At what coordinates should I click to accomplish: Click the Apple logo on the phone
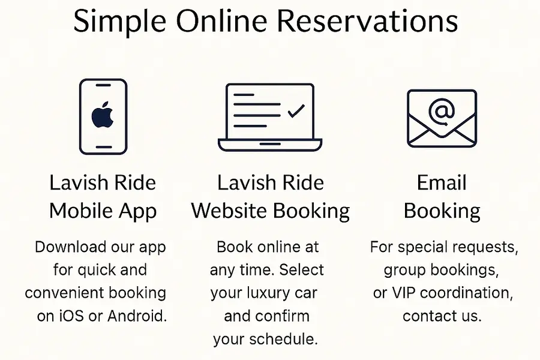(103, 116)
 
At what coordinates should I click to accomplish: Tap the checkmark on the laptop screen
(296, 112)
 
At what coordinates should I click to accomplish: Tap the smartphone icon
(103, 116)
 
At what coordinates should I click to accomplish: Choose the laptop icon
(270, 116)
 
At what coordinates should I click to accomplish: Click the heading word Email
(442, 183)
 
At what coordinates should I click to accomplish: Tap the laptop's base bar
(270, 145)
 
